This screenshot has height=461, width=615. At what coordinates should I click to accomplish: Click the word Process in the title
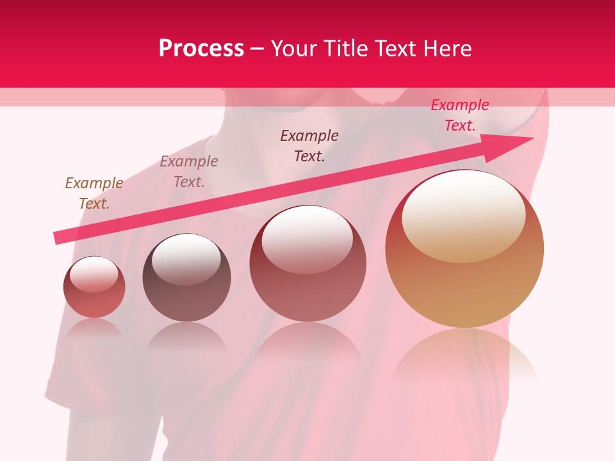coord(201,49)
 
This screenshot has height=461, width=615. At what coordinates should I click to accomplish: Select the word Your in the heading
coord(293,49)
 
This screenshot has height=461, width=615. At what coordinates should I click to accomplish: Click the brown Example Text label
coord(94,193)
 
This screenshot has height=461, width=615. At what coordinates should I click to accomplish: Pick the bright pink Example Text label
coord(460,115)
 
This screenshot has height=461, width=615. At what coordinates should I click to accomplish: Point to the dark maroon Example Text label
coord(309,146)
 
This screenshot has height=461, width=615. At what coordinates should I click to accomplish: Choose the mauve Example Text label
coord(189,172)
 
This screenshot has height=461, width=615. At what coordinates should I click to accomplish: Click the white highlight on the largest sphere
coord(463,214)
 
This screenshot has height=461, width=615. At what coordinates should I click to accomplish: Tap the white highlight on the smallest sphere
coord(94,275)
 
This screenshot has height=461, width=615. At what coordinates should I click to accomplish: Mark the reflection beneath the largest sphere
coord(464,355)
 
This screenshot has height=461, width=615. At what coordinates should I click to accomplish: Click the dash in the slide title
coord(258,49)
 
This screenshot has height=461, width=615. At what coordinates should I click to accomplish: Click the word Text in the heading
coord(393,49)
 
